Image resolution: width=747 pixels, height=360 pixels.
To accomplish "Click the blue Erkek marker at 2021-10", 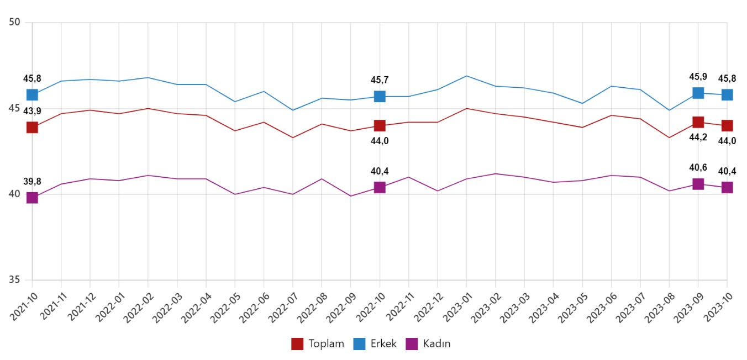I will point(32,94).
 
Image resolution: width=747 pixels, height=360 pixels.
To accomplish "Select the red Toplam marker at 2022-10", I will point(380,126).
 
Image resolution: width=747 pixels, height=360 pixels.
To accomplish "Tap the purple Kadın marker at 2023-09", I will point(698,184).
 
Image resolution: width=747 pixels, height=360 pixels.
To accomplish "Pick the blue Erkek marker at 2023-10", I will point(727,94).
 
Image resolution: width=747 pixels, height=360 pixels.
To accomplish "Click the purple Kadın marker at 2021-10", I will point(32,198).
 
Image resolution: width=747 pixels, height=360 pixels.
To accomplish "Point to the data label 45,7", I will point(380,80).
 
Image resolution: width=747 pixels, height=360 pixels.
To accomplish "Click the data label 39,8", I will point(32,182).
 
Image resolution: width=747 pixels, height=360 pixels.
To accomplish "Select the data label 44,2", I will point(698,138).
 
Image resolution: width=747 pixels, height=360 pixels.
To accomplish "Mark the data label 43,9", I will point(32,112).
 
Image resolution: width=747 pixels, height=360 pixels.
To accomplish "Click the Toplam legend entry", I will point(318,344).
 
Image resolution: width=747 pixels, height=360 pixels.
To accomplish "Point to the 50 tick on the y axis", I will point(15,23).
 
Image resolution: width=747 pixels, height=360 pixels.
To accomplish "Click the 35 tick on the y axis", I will point(15,280).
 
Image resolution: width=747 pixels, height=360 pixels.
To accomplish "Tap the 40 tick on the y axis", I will point(15,194).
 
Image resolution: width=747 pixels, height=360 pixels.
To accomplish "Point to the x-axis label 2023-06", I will point(599,304).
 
